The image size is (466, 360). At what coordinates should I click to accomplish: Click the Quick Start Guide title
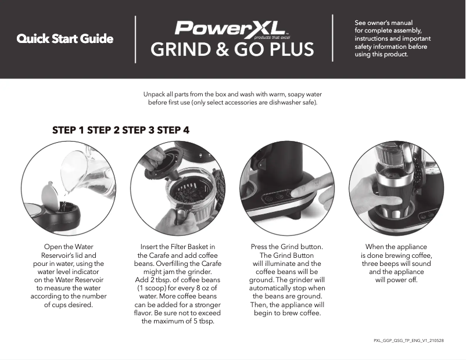[x=64, y=39]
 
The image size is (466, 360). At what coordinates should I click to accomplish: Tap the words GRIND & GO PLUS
[x=232, y=50]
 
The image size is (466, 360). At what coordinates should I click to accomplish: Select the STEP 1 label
[x=69, y=129]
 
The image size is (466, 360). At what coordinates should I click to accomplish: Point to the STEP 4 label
[x=173, y=129]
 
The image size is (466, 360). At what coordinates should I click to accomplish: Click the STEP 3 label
[x=138, y=129]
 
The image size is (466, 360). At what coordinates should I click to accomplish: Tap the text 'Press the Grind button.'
[x=286, y=247]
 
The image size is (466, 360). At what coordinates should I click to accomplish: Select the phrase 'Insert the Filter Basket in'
[x=178, y=247]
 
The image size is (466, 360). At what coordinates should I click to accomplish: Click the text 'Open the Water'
[x=68, y=247]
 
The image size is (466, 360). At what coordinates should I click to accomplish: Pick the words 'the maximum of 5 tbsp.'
[x=178, y=321]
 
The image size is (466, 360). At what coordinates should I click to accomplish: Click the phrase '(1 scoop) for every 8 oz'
[x=178, y=288]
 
